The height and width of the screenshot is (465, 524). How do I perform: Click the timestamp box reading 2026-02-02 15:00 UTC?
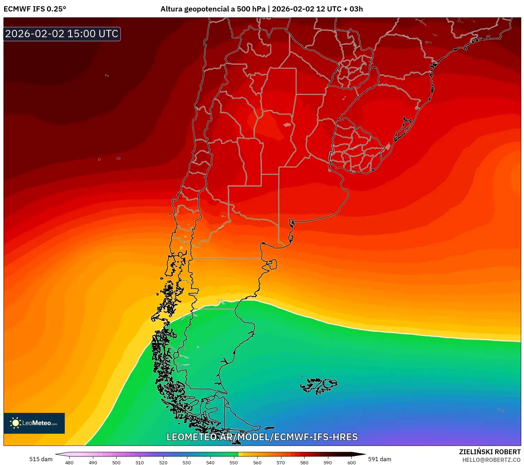(62, 34)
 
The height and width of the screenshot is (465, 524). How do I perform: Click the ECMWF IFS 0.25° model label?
(35, 9)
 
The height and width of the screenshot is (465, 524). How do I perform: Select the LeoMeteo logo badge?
(34, 423)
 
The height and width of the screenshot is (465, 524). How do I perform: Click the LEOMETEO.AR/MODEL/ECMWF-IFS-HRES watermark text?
(262, 437)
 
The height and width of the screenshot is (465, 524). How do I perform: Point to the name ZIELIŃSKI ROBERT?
(490, 452)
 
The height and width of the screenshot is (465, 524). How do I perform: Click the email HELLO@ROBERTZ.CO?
(491, 460)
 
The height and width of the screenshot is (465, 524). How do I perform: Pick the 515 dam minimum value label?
(41, 459)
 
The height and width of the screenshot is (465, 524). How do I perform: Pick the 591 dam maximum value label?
(380, 459)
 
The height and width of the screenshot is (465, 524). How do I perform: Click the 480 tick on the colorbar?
(69, 462)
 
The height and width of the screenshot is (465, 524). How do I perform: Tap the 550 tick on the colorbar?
(234, 462)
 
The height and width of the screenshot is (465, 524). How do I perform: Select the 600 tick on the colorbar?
(352, 462)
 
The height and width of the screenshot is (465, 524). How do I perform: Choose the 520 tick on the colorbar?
(163, 462)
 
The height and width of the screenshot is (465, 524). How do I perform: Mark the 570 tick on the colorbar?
(281, 462)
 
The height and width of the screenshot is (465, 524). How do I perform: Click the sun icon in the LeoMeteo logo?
(15, 423)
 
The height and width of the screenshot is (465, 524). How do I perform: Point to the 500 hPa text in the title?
(251, 9)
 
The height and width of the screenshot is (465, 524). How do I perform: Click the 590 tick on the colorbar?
(328, 462)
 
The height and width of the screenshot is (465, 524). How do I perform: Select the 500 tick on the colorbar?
(116, 462)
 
